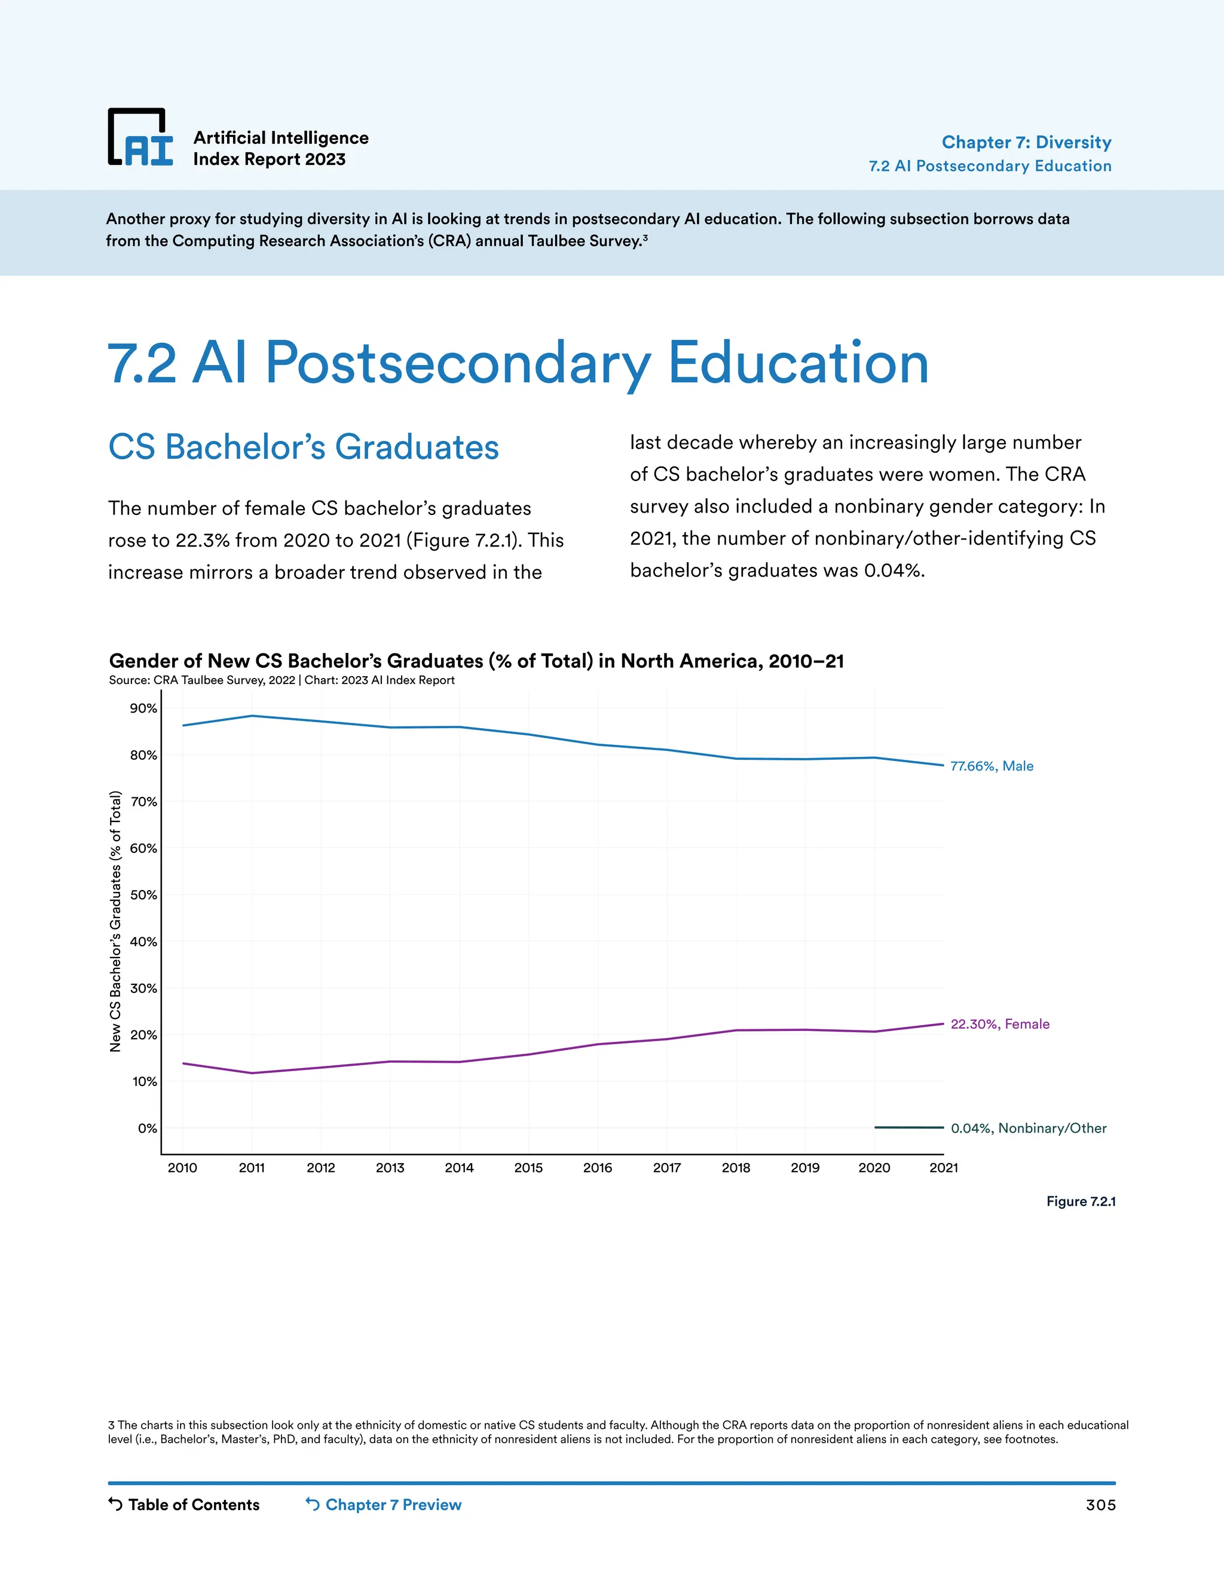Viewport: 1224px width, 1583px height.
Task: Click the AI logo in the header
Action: tap(140, 138)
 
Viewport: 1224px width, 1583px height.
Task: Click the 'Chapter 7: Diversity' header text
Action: tap(1026, 142)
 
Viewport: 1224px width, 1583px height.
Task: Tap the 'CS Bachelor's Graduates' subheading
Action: tap(303, 447)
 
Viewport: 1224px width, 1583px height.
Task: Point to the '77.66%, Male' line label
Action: tap(992, 766)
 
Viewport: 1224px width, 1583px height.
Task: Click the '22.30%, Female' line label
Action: tap(999, 1023)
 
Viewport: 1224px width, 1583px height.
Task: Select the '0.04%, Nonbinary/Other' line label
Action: tap(1028, 1128)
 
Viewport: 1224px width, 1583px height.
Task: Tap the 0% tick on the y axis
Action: tap(147, 1128)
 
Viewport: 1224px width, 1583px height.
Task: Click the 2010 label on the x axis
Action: tap(182, 1168)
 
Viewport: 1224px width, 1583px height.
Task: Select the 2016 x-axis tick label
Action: tap(598, 1168)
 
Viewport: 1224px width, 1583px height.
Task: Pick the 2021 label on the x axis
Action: tap(943, 1168)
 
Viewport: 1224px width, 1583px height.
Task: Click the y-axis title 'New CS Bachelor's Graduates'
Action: tap(115, 921)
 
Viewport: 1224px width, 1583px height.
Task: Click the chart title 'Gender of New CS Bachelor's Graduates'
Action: tap(476, 661)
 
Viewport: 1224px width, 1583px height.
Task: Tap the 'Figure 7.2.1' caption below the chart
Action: tap(1081, 1201)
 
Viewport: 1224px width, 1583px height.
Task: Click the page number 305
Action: tap(1100, 1505)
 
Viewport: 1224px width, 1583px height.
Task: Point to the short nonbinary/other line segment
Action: tap(908, 1127)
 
